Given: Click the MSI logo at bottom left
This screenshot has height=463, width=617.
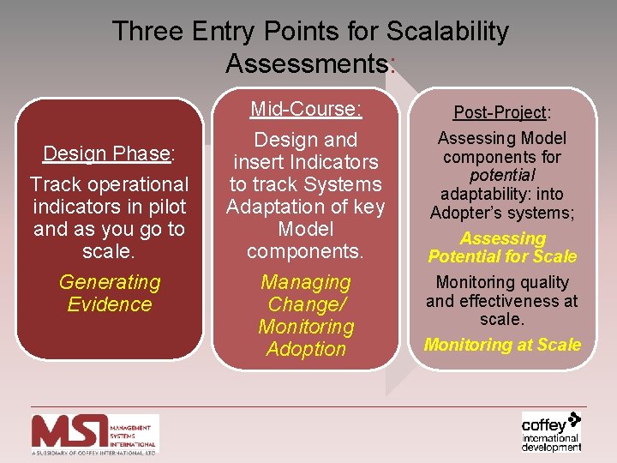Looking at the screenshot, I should point(94,433).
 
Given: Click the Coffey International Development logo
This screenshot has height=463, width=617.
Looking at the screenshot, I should point(551,431).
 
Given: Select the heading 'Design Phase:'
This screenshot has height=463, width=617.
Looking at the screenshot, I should point(109,153).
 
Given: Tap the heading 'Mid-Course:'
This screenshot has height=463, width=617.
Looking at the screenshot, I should point(306,109).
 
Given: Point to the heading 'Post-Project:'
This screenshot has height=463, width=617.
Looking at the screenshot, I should point(501,112).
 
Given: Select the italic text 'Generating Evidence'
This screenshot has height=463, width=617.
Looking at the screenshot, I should point(109,293).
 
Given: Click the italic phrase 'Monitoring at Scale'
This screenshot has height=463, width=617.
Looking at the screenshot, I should point(502,345).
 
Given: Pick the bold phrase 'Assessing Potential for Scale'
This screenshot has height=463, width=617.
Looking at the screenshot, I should point(502,248).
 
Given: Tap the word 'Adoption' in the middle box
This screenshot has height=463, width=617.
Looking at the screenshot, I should point(306,349).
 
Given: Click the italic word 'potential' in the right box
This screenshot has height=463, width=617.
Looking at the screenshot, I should point(502,175).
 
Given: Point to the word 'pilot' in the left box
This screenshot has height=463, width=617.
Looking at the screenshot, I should point(165,207).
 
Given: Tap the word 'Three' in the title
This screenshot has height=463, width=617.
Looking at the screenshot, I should point(147,32).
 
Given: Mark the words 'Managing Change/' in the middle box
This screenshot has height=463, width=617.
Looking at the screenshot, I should point(306,293).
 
